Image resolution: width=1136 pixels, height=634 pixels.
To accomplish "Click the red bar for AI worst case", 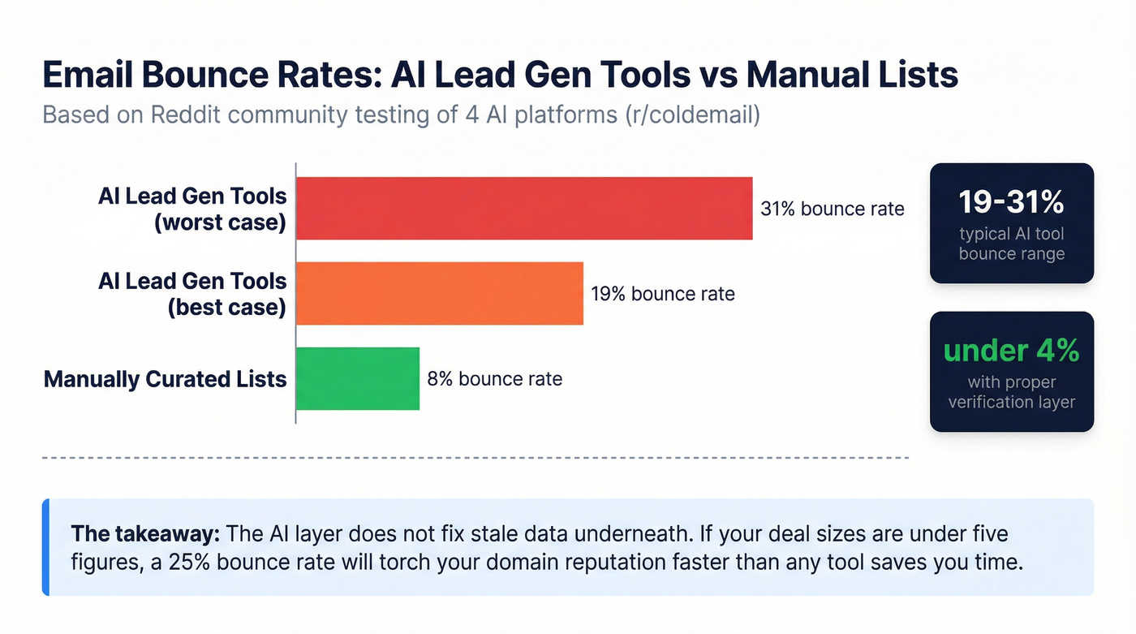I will tap(524, 209).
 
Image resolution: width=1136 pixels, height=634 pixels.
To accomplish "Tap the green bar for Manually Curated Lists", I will tap(358, 378).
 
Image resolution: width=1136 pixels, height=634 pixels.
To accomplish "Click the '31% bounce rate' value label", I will tap(832, 209).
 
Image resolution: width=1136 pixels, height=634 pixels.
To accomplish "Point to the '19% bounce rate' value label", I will tap(662, 293).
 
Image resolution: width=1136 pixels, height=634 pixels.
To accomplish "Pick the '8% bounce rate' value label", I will tap(494, 378).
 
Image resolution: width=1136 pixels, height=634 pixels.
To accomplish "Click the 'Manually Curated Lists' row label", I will tap(165, 379).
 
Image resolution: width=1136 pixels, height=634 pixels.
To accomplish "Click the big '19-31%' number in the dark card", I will tap(1011, 202).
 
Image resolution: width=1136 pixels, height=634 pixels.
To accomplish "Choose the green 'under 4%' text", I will tap(1011, 351).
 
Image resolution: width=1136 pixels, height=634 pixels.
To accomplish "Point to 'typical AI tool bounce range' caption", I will tap(1011, 244).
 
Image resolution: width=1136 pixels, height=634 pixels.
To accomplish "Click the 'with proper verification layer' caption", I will tap(1011, 392).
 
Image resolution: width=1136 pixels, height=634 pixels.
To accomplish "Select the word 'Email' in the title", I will tap(87, 75).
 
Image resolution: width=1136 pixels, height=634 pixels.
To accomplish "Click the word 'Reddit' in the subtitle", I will tap(186, 114).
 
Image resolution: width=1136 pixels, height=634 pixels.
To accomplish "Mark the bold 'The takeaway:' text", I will tap(145, 534).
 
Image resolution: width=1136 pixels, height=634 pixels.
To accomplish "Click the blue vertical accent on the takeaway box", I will tap(45, 547).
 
